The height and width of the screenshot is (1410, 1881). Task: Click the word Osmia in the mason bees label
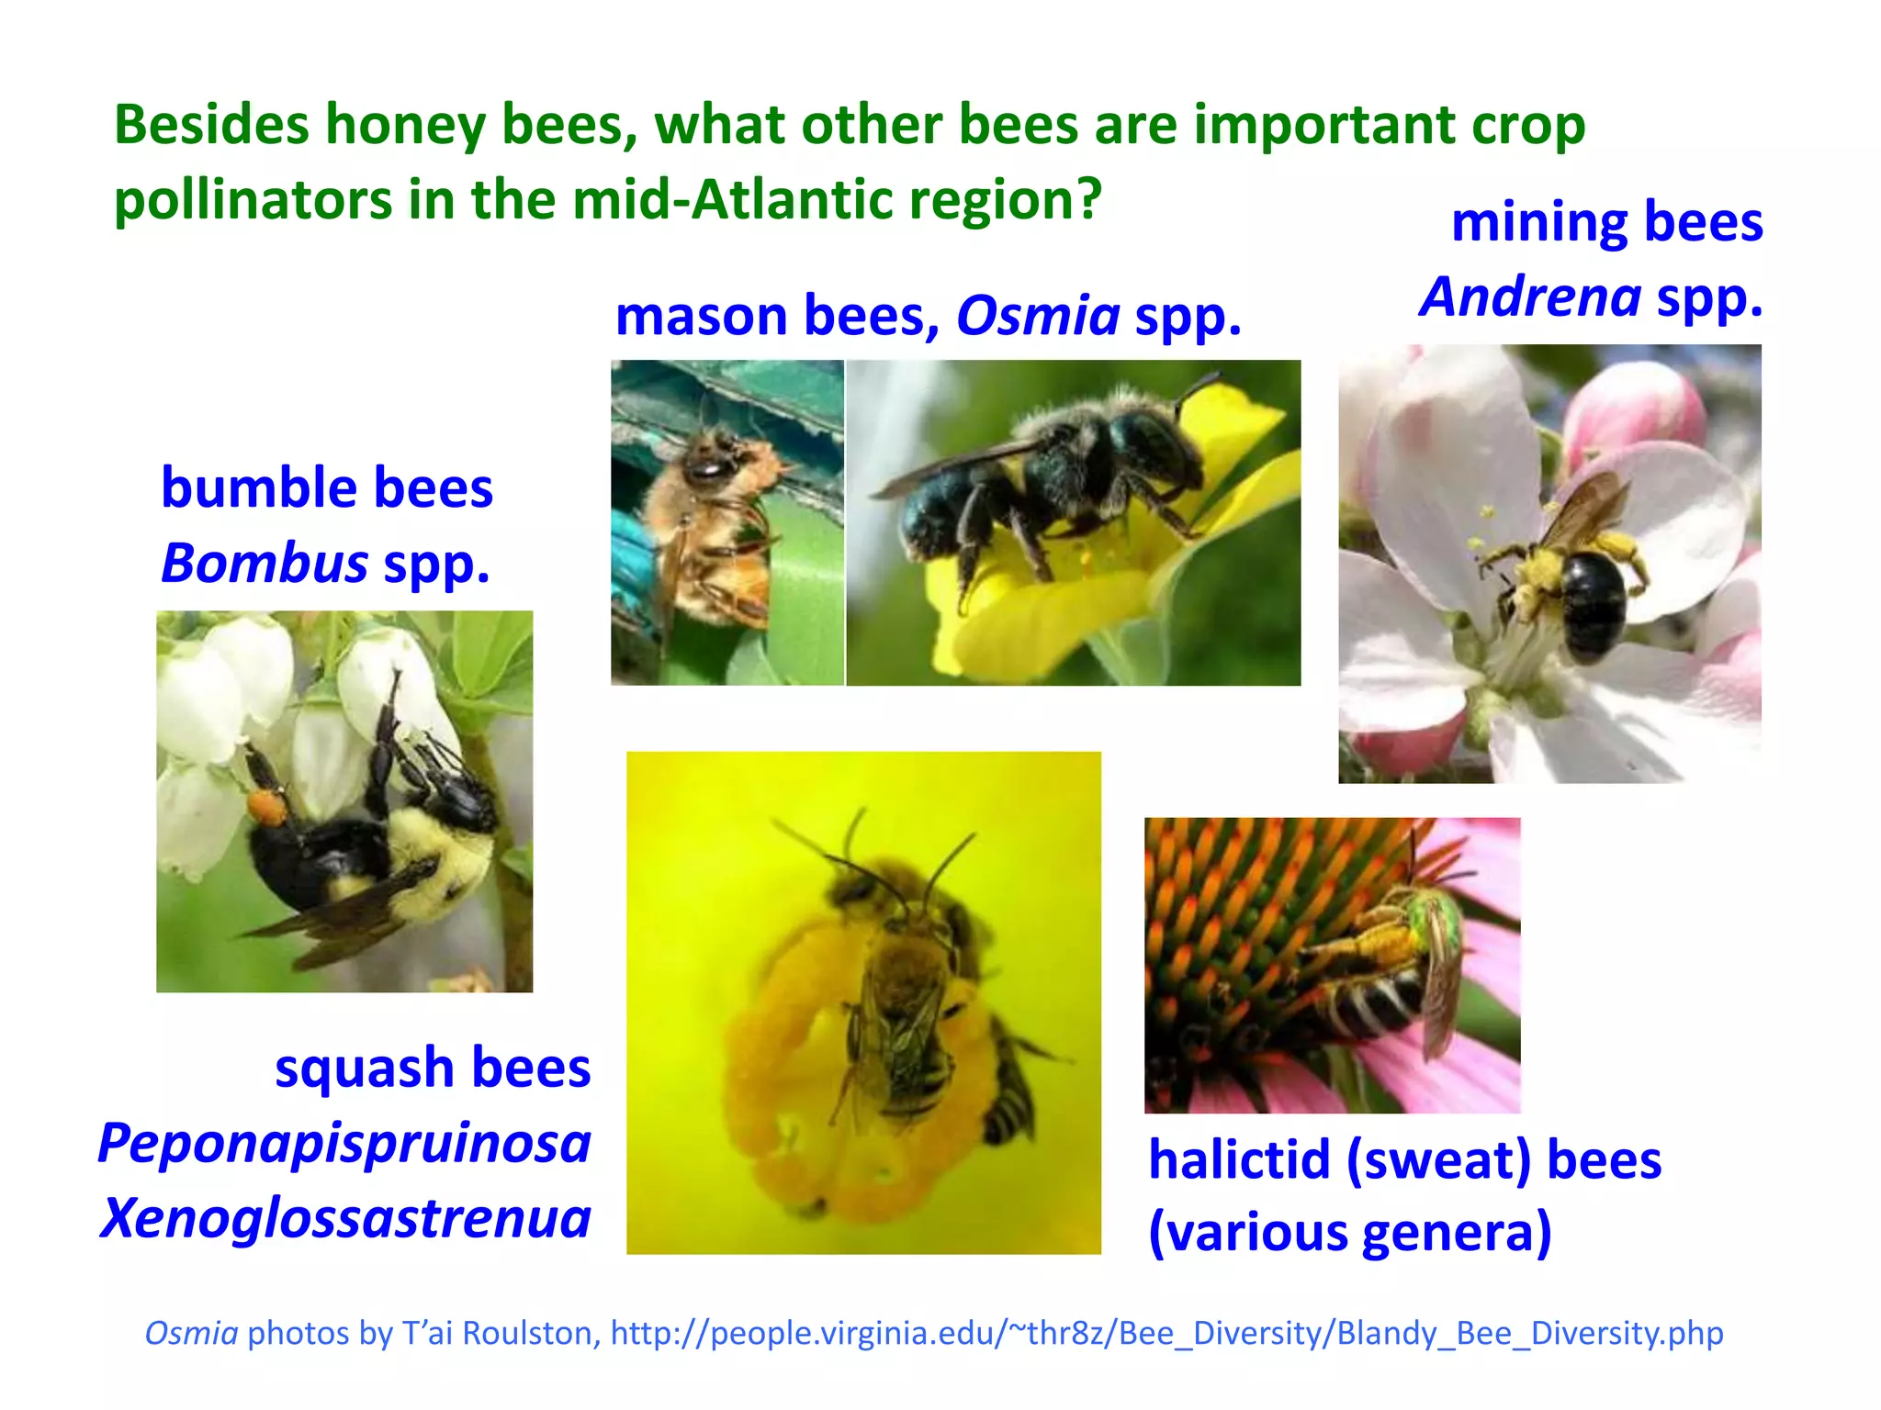coord(1038,317)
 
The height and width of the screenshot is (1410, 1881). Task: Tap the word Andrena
coord(1530,297)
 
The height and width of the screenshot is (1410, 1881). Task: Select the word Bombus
coord(265,563)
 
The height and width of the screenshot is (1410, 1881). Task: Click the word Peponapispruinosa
coord(344,1144)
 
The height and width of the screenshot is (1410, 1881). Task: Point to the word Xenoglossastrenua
coord(345,1219)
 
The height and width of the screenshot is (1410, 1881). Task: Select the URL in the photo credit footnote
coord(1166,1333)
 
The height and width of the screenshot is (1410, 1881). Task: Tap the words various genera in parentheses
coord(1350,1233)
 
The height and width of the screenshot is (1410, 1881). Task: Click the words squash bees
coord(433,1069)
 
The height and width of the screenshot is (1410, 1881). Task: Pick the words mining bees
coord(1606,222)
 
